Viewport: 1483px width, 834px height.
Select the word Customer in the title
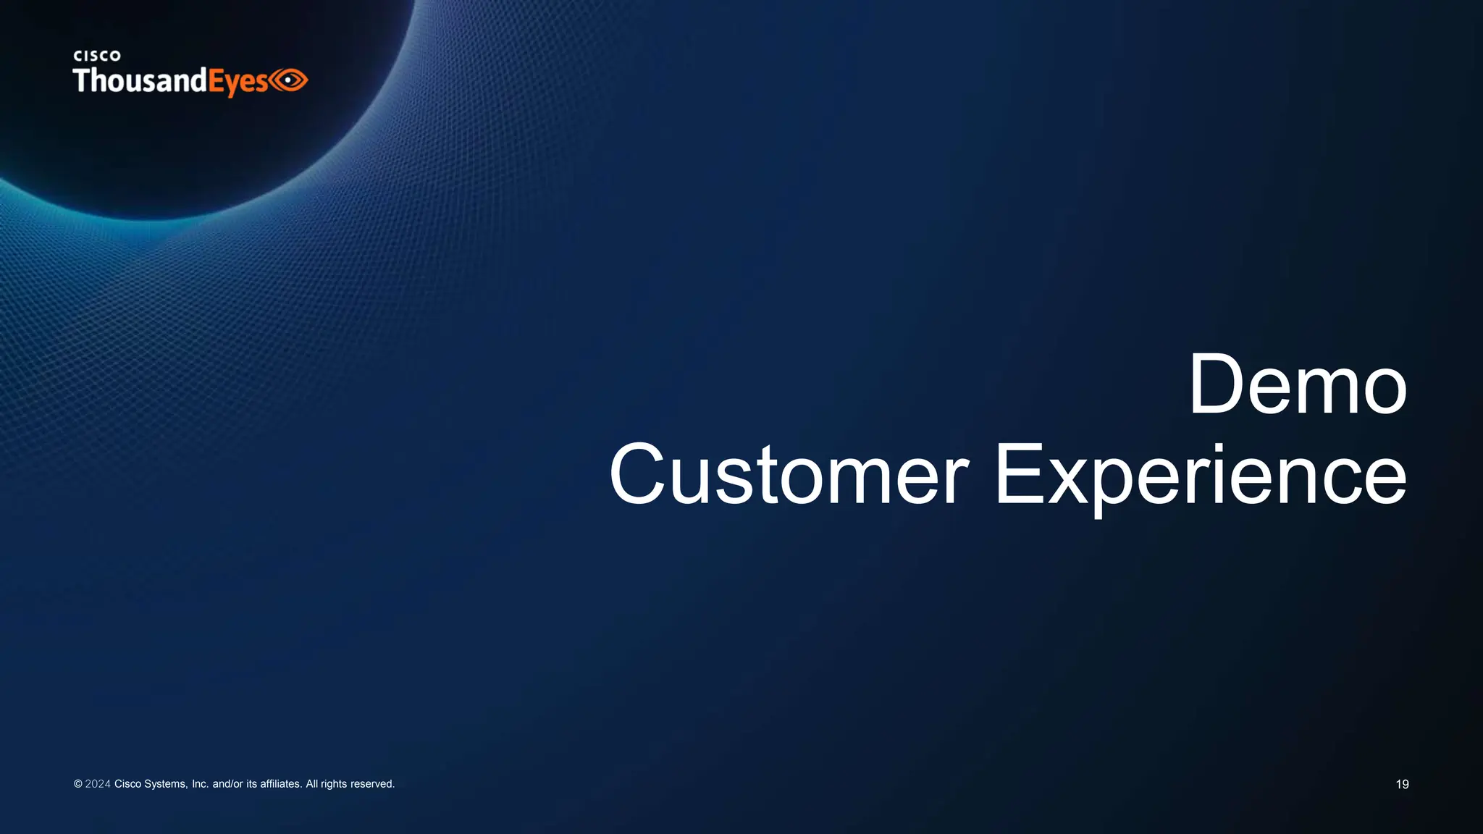(x=789, y=475)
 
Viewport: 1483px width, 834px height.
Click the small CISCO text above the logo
(x=97, y=56)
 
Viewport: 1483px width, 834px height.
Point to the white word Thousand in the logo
(x=140, y=80)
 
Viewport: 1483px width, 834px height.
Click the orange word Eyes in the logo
(x=238, y=82)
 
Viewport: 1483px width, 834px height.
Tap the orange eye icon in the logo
(x=290, y=80)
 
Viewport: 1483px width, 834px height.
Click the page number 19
(x=1402, y=784)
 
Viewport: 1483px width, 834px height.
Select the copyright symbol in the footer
(x=77, y=784)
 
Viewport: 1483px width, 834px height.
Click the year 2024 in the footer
(x=98, y=784)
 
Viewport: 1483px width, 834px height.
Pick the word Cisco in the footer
(x=127, y=784)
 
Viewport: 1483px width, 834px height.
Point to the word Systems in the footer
(x=166, y=784)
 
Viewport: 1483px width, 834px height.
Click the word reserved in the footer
(x=372, y=784)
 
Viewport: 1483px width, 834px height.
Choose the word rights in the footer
(x=334, y=784)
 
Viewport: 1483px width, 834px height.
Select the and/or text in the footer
(x=227, y=784)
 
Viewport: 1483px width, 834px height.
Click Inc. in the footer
(x=200, y=784)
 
